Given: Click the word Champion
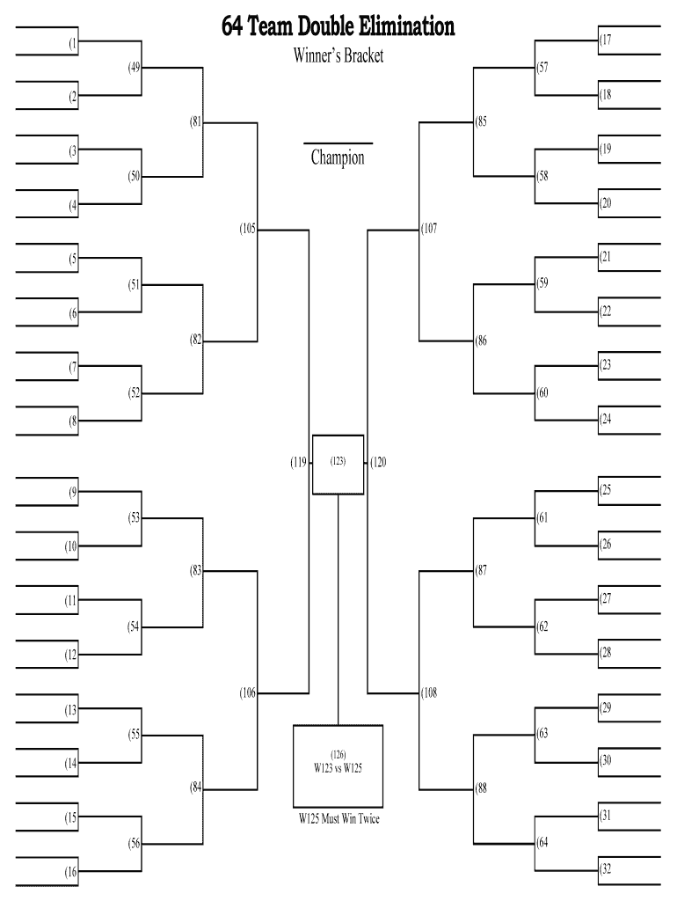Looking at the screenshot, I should click(338, 158).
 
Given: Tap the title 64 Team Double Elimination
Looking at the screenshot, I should click(338, 27).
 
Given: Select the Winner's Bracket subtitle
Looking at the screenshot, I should click(338, 56).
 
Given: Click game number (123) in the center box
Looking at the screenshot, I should click(338, 460).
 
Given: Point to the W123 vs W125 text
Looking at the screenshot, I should click(338, 767).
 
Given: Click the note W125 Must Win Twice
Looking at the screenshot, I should click(338, 819).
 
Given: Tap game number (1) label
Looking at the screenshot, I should click(74, 42).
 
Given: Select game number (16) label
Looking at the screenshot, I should click(71, 872).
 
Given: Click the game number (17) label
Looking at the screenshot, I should click(606, 40).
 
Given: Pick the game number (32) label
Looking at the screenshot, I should click(606, 869).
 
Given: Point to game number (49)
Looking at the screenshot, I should click(134, 68).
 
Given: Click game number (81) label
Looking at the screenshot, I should click(195, 122).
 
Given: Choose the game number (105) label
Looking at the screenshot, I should click(247, 229).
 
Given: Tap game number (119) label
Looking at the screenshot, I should click(298, 462).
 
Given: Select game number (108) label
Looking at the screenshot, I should click(429, 693).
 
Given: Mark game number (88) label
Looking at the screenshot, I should click(481, 787).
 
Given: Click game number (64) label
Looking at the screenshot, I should click(542, 842).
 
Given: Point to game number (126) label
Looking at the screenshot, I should click(338, 755).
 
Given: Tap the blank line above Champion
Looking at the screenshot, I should click(338, 143).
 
